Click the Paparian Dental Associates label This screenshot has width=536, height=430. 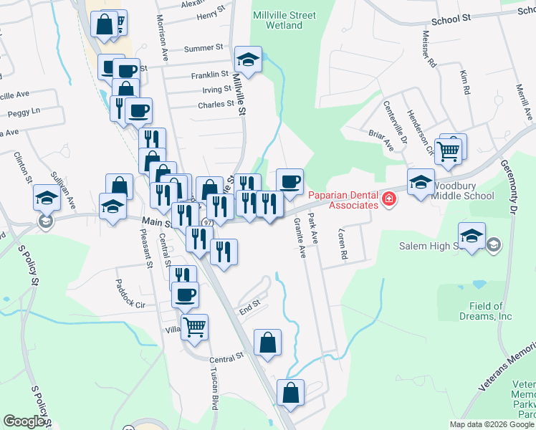tap(343, 200)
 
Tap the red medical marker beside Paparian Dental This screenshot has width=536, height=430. tap(389, 199)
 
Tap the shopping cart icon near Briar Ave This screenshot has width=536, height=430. tap(448, 150)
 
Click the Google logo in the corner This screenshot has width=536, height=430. tap(24, 421)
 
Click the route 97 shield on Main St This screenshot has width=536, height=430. tap(207, 223)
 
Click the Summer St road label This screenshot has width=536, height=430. tap(204, 49)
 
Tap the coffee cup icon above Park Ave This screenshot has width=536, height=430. tap(289, 181)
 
